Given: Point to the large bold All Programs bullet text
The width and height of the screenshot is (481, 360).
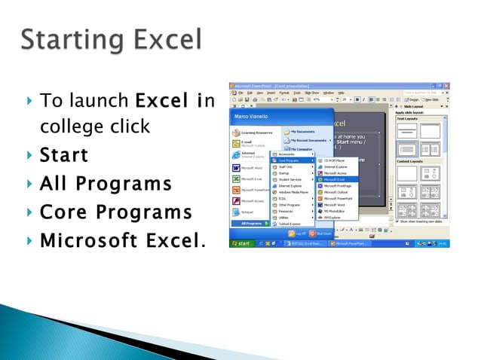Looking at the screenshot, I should pyautogui.click(x=106, y=184).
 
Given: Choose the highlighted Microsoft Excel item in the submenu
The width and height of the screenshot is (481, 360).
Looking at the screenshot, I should pyautogui.click(x=334, y=179).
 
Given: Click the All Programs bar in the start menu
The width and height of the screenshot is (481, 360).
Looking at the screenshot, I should pyautogui.click(x=254, y=223).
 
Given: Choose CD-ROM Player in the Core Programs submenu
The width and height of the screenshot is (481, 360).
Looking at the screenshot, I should pyautogui.click(x=334, y=160).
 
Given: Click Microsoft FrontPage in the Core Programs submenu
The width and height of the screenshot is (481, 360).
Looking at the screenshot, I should pyautogui.click(x=337, y=185).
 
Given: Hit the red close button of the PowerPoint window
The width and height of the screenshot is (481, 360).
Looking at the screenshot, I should pyautogui.click(x=447, y=87).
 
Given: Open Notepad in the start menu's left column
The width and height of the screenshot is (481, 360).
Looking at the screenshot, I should pyautogui.click(x=248, y=212).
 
